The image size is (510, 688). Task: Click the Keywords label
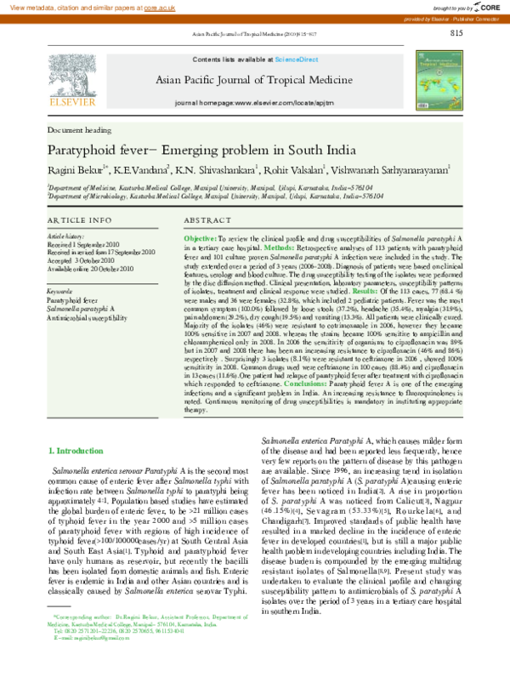[x=60, y=291]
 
